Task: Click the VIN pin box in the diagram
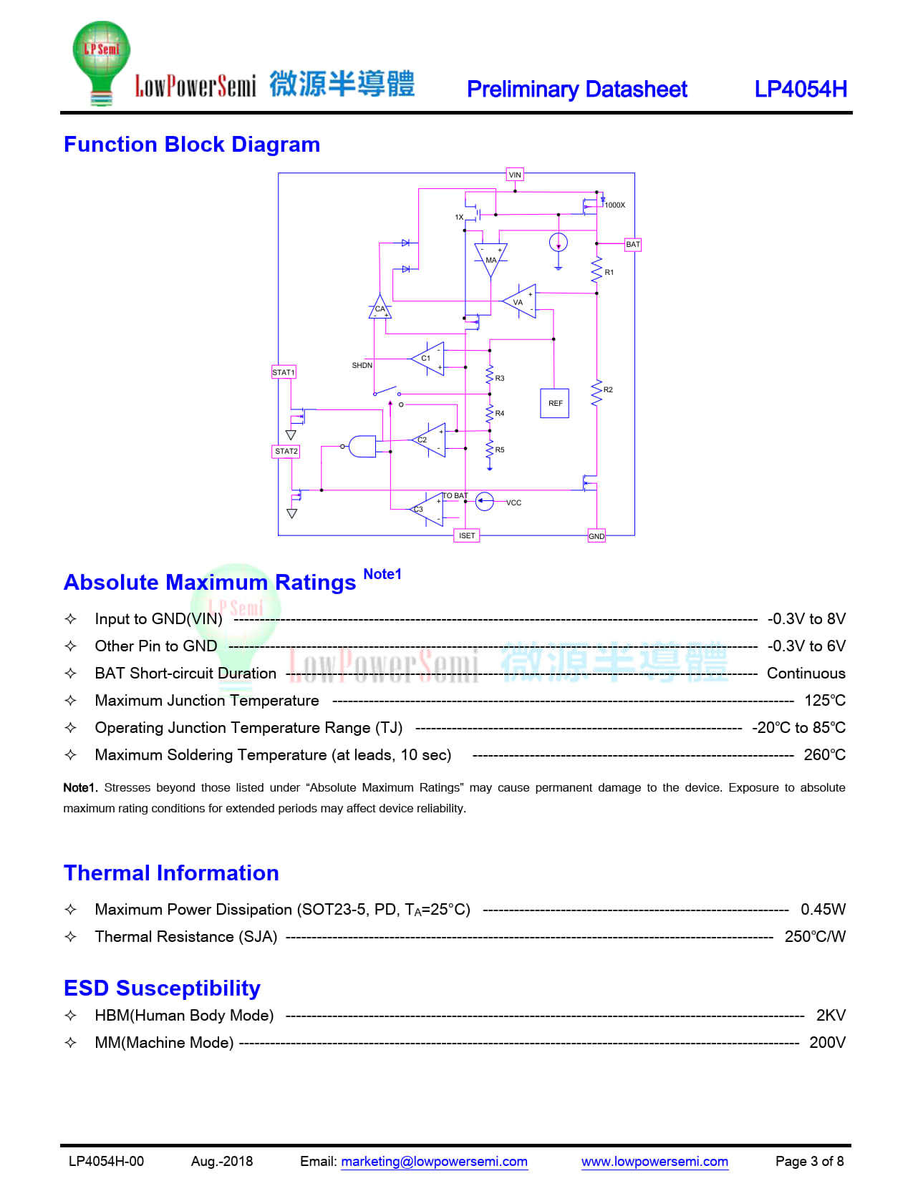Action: tap(514, 175)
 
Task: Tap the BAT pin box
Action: tap(632, 245)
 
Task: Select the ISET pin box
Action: tap(467, 536)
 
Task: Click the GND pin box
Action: tap(596, 536)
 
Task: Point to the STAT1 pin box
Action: tap(284, 372)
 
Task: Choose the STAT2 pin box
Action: tap(286, 451)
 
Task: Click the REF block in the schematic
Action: tap(555, 403)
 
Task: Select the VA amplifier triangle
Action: tap(519, 301)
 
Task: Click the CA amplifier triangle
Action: tap(380, 307)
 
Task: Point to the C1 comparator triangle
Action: tap(427, 359)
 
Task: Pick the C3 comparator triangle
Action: tap(426, 509)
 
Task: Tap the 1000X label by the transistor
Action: tap(615, 205)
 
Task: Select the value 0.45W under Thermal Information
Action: tap(823, 909)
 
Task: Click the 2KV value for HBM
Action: tap(831, 1015)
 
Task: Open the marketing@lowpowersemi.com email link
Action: tap(434, 1162)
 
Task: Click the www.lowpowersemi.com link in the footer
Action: tap(654, 1162)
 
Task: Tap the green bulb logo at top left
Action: tap(101, 62)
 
